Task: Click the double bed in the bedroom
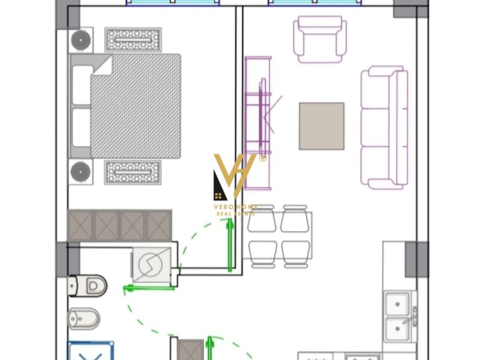coord(125,106)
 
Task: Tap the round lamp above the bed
coord(81,40)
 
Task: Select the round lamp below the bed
coord(81,172)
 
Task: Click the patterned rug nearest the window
coord(133,40)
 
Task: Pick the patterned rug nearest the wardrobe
coord(133,172)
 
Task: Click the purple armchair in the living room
coord(320,39)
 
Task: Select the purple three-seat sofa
coord(384,127)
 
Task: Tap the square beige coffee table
coord(322,126)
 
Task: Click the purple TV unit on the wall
coord(258,123)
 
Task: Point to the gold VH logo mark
coord(234,177)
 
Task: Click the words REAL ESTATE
coord(236,214)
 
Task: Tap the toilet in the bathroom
coord(88,285)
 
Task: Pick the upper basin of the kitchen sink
coord(397,304)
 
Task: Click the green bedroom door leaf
coord(230,247)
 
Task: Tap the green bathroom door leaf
coord(149,288)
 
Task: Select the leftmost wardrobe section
coord(80,225)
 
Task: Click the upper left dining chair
coord(262,218)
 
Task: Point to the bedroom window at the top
coord(173,3)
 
